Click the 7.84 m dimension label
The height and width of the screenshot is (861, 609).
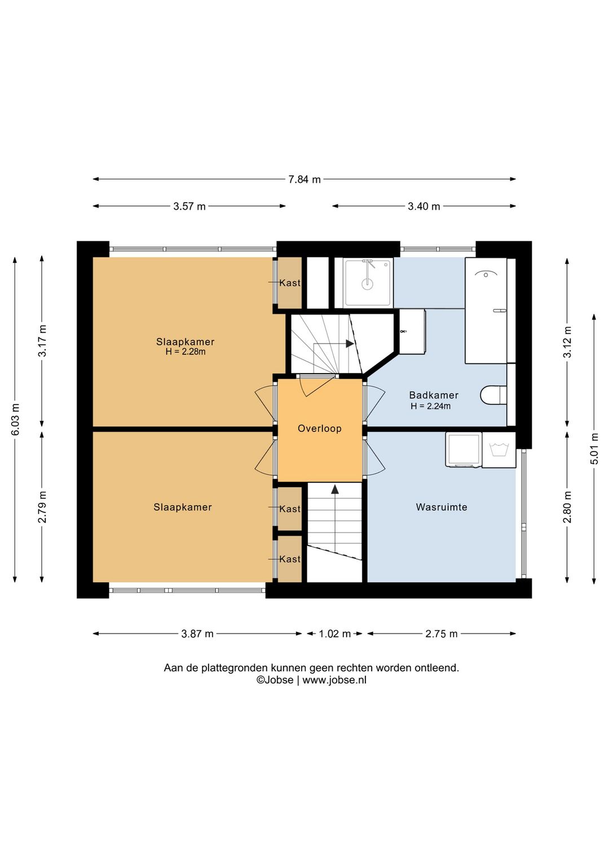[304, 179]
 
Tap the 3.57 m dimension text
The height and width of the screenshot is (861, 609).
[189, 207]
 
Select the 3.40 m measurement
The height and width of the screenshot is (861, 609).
[423, 207]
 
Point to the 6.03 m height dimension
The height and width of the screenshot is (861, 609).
[15, 419]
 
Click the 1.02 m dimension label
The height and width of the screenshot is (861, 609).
[334, 634]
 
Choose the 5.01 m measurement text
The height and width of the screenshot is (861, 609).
[594, 449]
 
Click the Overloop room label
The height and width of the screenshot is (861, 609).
[320, 429]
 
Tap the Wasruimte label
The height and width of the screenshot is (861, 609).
[442, 507]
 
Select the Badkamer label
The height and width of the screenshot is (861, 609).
[434, 395]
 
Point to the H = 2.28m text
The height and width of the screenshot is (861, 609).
[186, 352]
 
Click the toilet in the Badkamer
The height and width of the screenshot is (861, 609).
[493, 395]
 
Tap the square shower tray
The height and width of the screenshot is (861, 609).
[368, 283]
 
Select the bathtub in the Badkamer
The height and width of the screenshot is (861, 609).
[486, 310]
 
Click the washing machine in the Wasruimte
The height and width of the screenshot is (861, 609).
[464, 450]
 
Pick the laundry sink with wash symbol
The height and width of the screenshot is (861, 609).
[498, 450]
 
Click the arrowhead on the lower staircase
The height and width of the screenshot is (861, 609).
[335, 489]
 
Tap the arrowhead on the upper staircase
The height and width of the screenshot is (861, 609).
[350, 344]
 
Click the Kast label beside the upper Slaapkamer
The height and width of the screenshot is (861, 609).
[290, 283]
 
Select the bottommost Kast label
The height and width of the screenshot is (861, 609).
[290, 559]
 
